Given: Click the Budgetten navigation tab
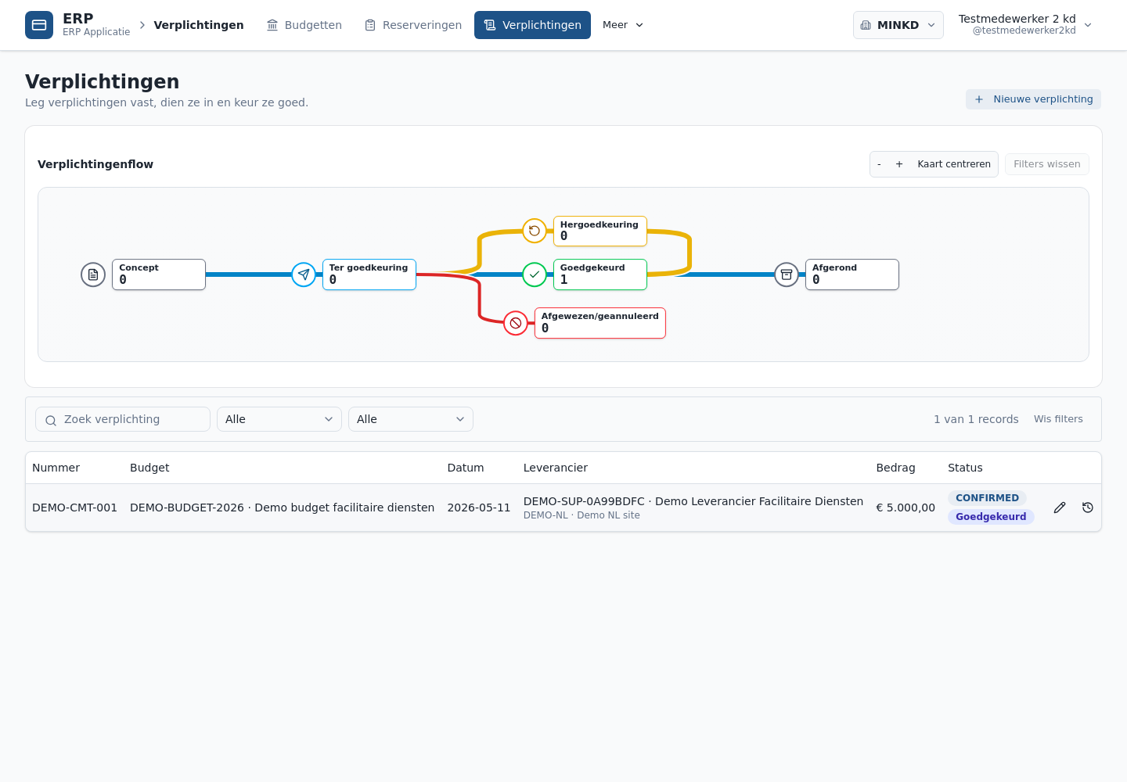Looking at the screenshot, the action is click(x=304, y=25).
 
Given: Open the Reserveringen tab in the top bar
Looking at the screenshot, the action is click(x=412, y=25).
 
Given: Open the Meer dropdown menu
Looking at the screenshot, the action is click(x=623, y=25).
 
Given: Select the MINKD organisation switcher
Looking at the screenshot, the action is click(x=898, y=25).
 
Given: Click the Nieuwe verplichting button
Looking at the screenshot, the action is click(x=1033, y=99).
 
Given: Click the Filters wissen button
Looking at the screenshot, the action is click(x=1047, y=164).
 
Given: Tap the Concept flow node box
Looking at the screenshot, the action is click(x=159, y=274).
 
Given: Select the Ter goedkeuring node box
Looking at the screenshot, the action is click(x=369, y=274).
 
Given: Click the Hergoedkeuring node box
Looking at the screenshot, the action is click(x=600, y=231).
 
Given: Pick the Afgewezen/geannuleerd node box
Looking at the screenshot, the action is click(x=600, y=323).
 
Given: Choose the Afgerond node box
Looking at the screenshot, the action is click(x=852, y=274).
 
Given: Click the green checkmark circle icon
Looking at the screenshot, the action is click(x=535, y=274).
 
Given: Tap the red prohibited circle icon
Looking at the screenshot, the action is click(x=516, y=323).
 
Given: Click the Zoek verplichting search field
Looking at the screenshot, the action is click(x=123, y=419).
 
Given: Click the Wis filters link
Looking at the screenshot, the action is click(x=1058, y=419).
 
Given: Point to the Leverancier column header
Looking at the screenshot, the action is click(x=556, y=468).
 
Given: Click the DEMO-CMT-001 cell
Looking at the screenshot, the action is click(x=74, y=508).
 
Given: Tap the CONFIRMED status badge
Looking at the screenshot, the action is click(x=987, y=498).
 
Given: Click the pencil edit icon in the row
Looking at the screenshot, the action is click(x=1060, y=508).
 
